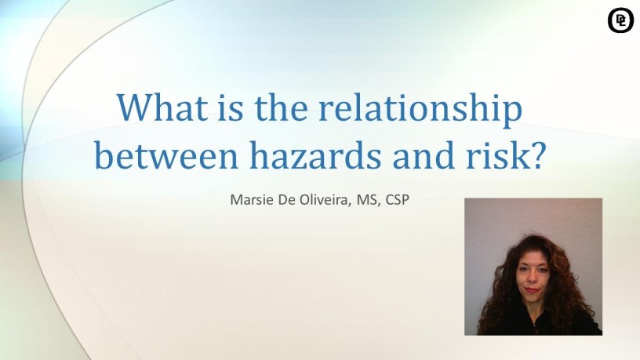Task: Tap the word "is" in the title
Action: pos(231,107)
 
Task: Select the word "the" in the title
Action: pos(281,107)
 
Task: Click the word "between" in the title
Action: pos(166,155)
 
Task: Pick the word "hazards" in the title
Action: pos(315,155)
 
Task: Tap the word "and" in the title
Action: pos(424,155)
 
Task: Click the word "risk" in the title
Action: pos(498,155)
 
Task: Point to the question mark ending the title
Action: pos(538,155)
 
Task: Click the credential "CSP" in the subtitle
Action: pos(397,199)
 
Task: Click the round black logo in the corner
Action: pos(620,20)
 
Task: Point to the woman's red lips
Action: pos(532,290)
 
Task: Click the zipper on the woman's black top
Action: pos(533,326)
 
